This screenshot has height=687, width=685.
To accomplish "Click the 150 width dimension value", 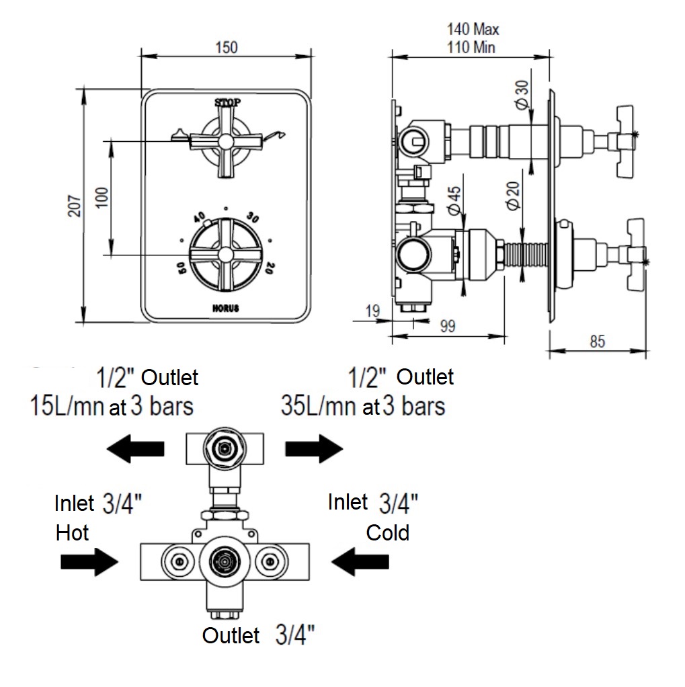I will (227, 47).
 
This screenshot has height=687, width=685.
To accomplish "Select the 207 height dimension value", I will (75, 206).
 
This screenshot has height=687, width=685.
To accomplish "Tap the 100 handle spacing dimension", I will (102, 197).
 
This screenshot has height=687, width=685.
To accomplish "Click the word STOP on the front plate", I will (227, 103).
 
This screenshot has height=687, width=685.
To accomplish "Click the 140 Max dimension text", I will (473, 30).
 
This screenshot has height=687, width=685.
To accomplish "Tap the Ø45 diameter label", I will (454, 201).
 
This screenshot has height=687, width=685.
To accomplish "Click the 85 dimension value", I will (597, 341).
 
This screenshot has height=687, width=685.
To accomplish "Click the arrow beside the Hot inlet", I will (88, 561).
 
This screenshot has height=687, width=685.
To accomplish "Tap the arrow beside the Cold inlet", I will (361, 561).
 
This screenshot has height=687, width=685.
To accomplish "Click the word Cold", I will (388, 533).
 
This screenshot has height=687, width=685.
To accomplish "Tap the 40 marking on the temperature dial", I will (200, 218).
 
